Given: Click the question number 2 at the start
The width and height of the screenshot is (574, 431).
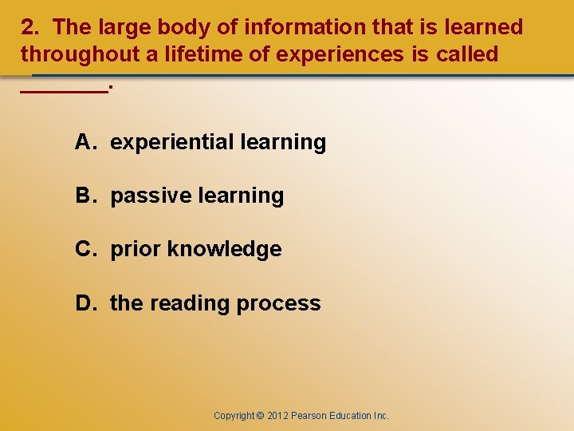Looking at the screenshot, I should [28, 28].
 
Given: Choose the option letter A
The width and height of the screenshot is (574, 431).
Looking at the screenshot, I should [84, 142].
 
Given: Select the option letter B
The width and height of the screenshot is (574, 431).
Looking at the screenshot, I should [84, 196].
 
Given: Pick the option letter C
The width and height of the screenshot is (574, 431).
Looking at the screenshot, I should [84, 249].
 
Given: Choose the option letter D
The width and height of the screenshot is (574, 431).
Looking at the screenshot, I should [84, 303].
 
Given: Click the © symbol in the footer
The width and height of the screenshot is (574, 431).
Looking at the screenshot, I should [260, 416].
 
